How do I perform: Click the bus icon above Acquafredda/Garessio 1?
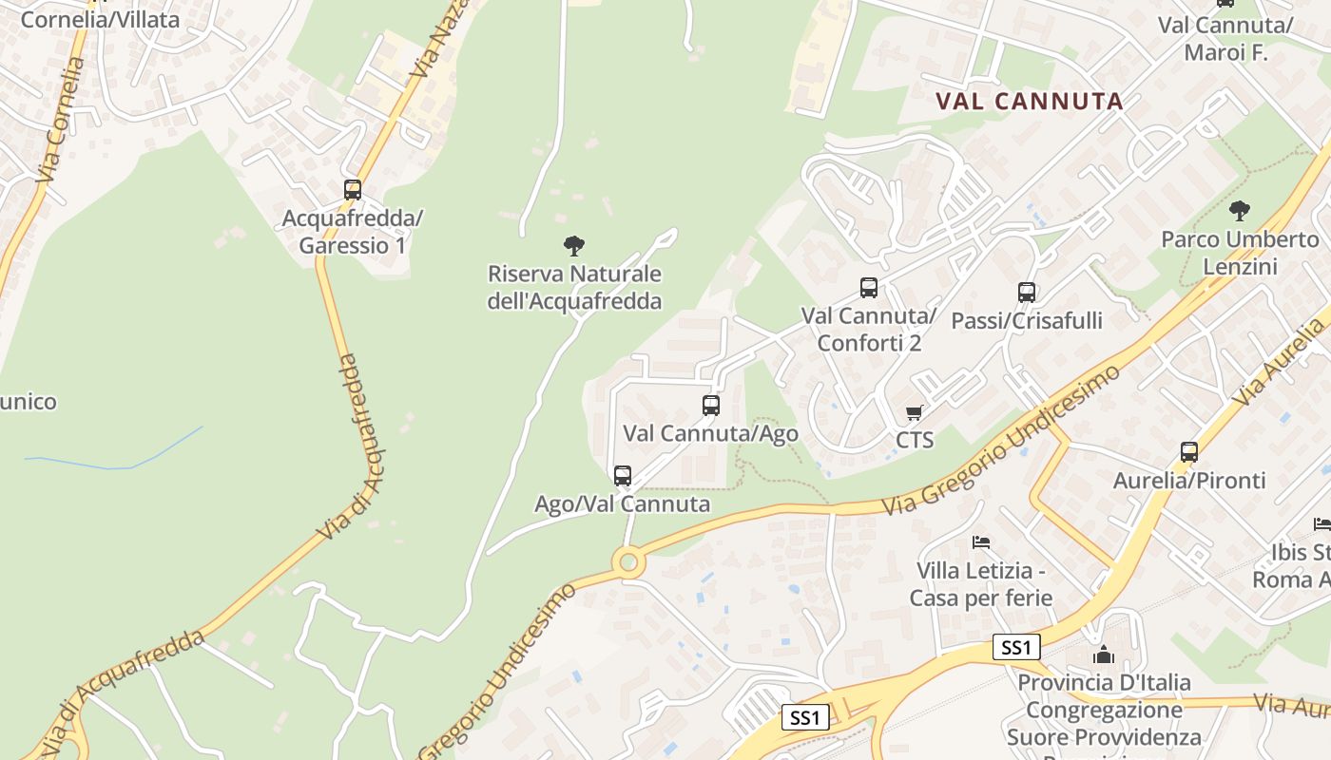click(353, 189)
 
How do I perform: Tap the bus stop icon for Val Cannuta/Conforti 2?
click(868, 287)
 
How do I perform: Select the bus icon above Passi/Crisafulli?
click(1026, 292)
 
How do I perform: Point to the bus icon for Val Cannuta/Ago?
click(710, 405)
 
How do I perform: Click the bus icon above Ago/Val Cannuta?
click(622, 475)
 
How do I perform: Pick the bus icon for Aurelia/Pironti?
click(1188, 451)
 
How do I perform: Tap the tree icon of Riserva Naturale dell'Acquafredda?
click(573, 246)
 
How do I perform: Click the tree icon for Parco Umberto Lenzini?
click(1239, 210)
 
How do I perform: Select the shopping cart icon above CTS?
click(914, 412)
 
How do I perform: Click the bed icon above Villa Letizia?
click(981, 542)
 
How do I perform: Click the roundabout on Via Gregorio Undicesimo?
click(627, 563)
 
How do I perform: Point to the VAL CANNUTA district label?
click(1029, 101)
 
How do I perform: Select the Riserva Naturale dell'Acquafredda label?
click(574, 288)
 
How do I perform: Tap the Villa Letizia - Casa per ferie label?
click(981, 584)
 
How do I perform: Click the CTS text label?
click(915, 440)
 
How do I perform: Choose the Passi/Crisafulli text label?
click(1027, 320)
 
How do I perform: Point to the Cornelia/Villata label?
click(99, 19)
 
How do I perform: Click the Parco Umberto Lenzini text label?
click(1240, 253)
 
